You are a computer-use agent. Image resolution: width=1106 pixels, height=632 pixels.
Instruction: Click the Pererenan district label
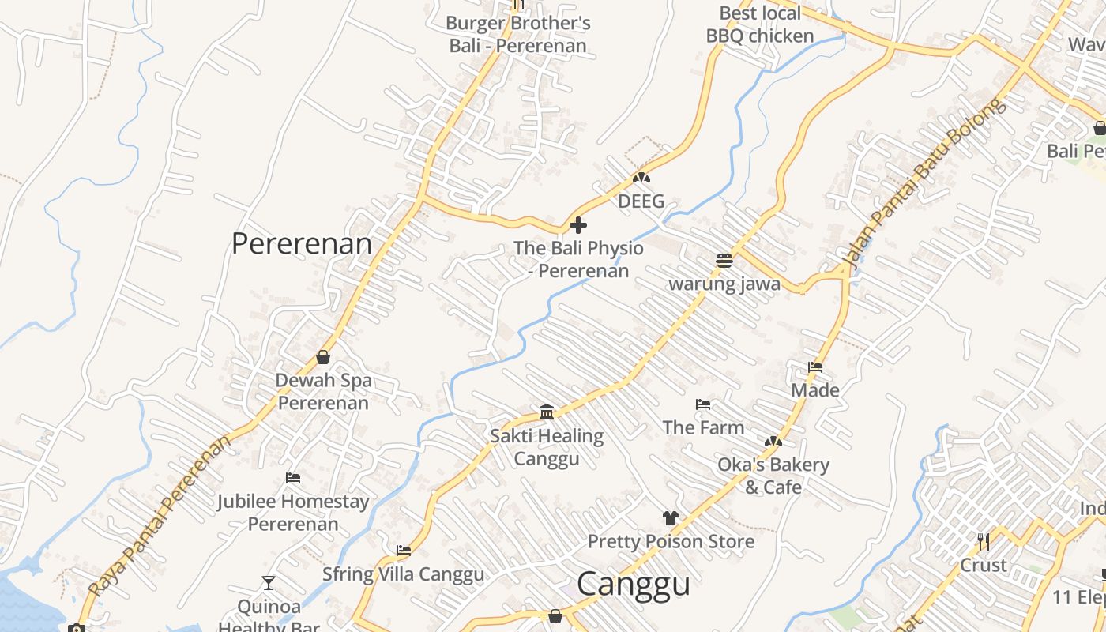click(301, 243)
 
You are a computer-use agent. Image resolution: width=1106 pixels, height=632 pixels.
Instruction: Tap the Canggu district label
click(634, 585)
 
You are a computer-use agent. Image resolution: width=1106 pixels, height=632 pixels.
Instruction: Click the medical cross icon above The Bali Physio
click(578, 225)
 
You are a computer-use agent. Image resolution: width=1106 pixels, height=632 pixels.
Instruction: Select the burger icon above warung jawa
click(724, 260)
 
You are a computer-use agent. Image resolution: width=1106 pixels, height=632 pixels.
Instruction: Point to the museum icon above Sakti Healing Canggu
click(547, 412)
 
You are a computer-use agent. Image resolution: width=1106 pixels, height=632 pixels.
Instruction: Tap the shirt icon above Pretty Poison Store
click(671, 518)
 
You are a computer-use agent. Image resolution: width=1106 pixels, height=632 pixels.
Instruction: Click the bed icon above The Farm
click(703, 404)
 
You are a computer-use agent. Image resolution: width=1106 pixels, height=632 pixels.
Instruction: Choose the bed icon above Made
click(815, 367)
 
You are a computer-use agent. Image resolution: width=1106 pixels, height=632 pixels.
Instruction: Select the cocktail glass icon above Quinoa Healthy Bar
click(269, 583)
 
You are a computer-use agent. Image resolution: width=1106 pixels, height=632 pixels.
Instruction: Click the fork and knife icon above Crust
click(984, 542)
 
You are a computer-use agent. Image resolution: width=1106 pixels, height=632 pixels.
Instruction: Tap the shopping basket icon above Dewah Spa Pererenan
click(323, 357)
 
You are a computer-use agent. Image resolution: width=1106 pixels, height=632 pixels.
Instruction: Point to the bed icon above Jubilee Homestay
click(293, 478)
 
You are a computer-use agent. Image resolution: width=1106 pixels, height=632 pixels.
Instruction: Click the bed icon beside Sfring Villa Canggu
click(404, 551)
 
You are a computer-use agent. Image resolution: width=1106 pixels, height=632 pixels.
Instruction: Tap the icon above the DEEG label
click(641, 179)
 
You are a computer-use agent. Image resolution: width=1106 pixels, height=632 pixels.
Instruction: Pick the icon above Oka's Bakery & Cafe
click(773, 442)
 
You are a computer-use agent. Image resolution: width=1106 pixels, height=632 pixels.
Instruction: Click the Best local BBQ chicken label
click(760, 24)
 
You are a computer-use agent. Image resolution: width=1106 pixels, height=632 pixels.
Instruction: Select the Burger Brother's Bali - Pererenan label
click(518, 34)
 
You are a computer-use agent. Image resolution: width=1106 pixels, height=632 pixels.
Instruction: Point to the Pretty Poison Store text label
click(671, 542)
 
